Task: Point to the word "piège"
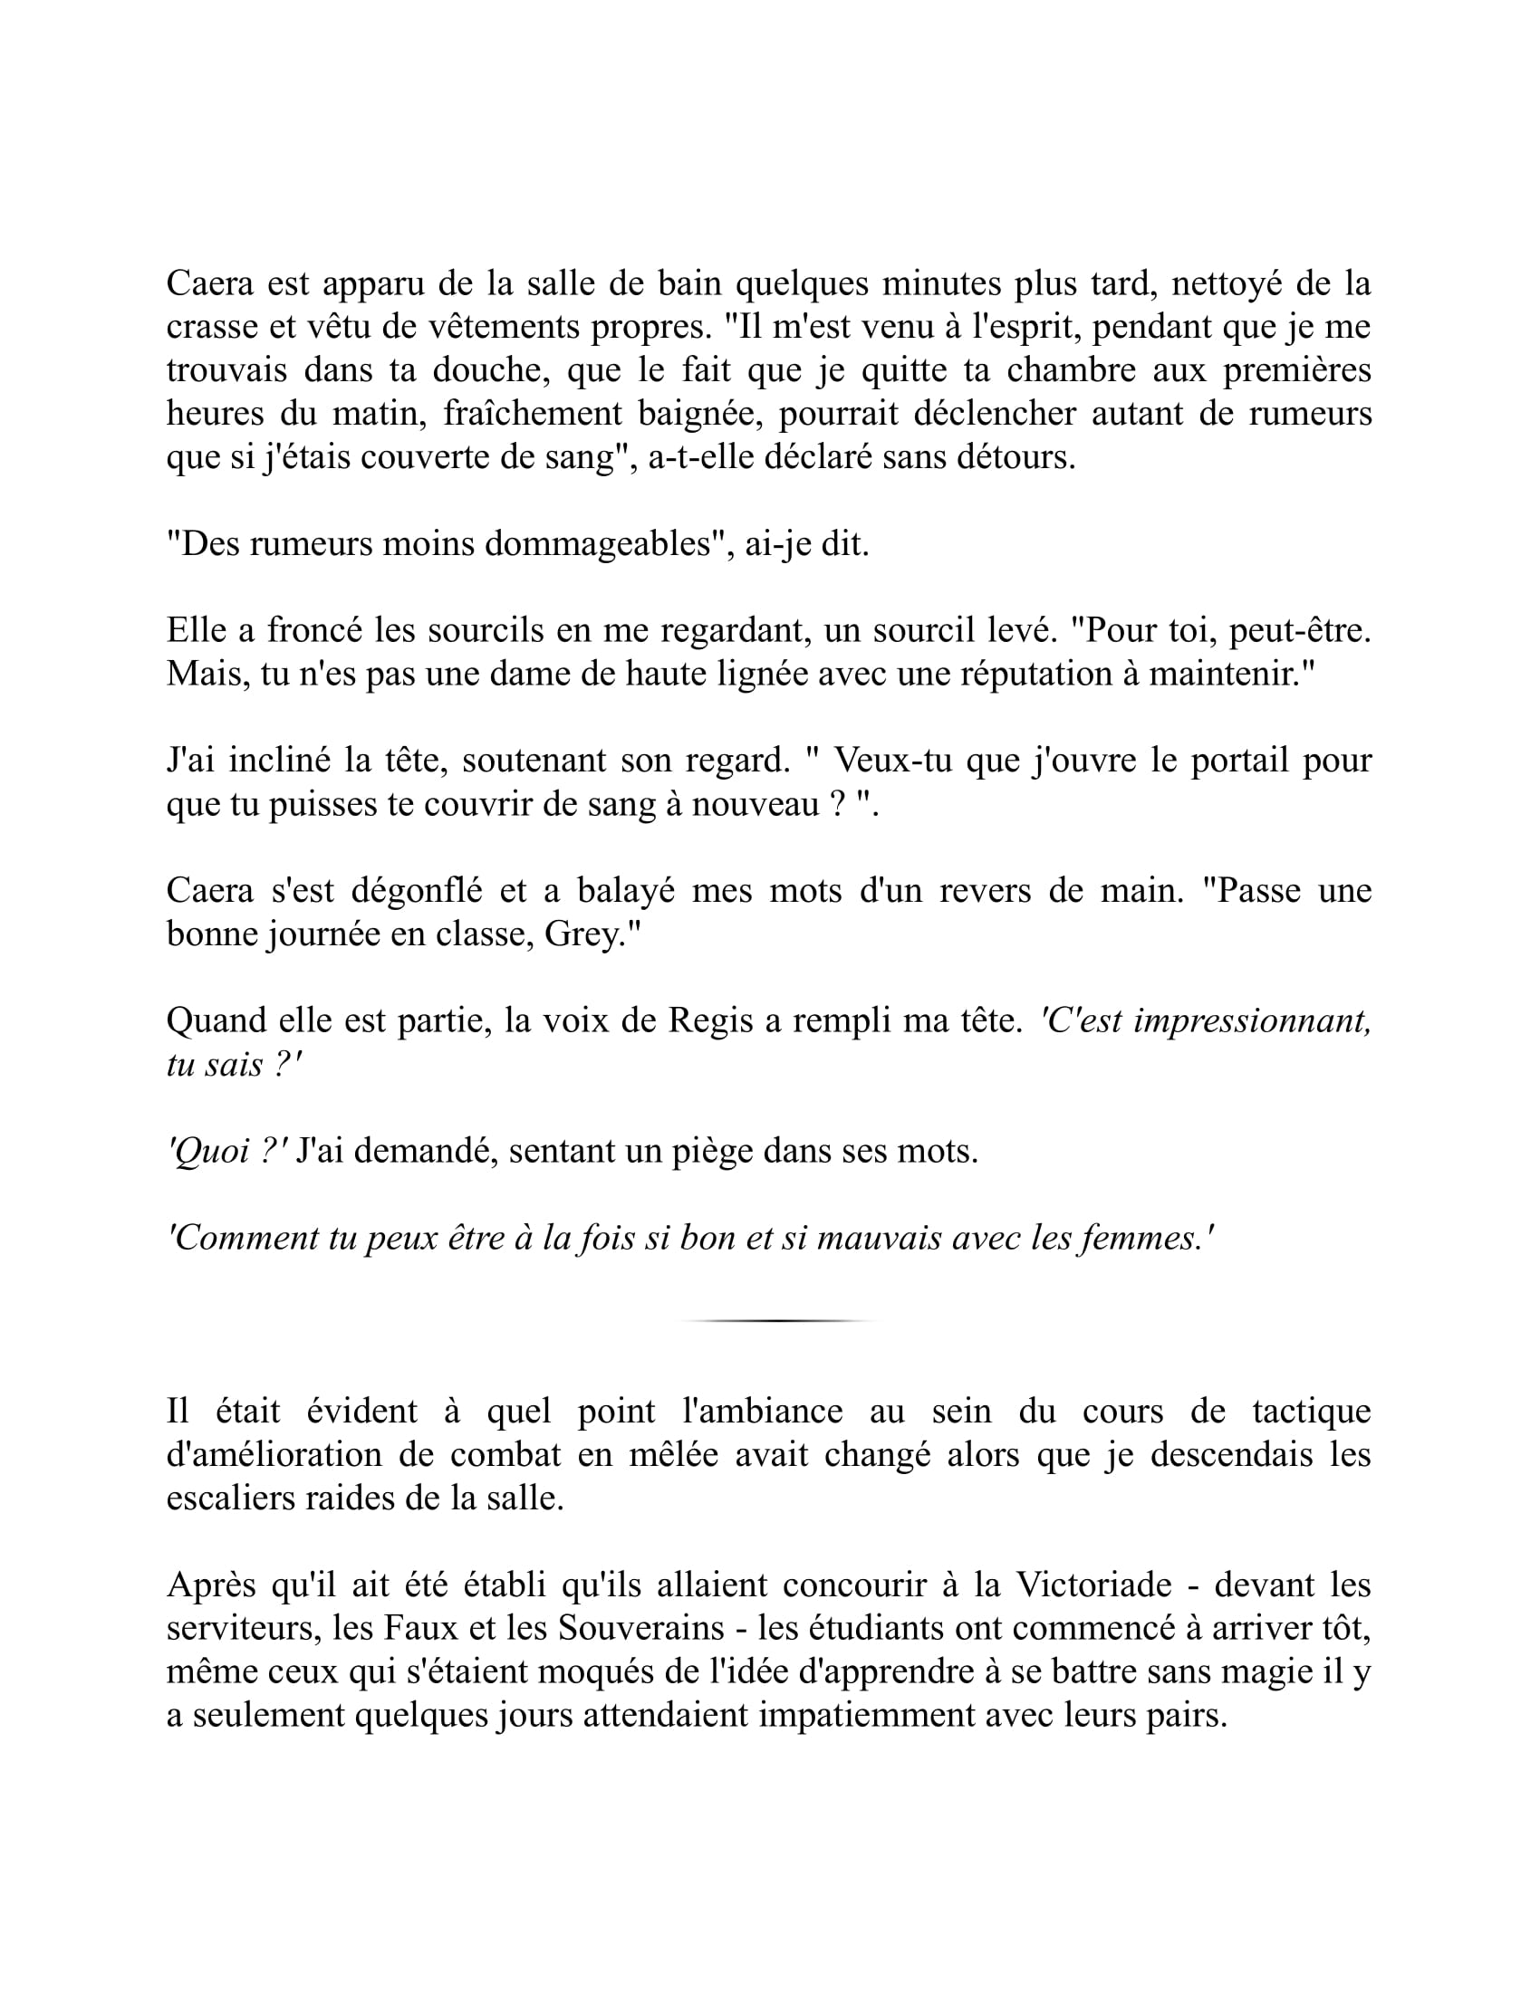pos(707,1151)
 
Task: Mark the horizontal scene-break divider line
pos(777,1320)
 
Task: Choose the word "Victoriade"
pos(1093,1585)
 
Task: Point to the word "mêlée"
pos(671,1455)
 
